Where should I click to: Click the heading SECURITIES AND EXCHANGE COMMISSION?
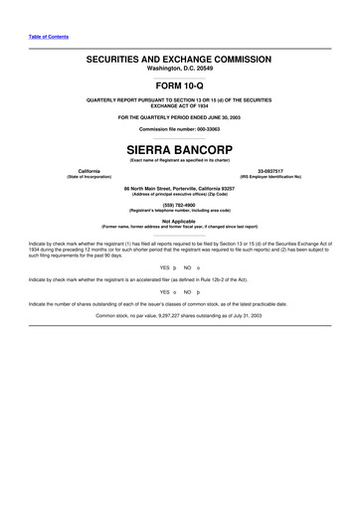[x=180, y=60]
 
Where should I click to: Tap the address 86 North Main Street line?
[x=180, y=187]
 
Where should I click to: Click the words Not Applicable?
[x=180, y=221]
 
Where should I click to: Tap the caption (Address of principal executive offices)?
[x=180, y=193]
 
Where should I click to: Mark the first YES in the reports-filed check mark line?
[x=164, y=268]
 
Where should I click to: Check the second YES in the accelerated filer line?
[x=164, y=292]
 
